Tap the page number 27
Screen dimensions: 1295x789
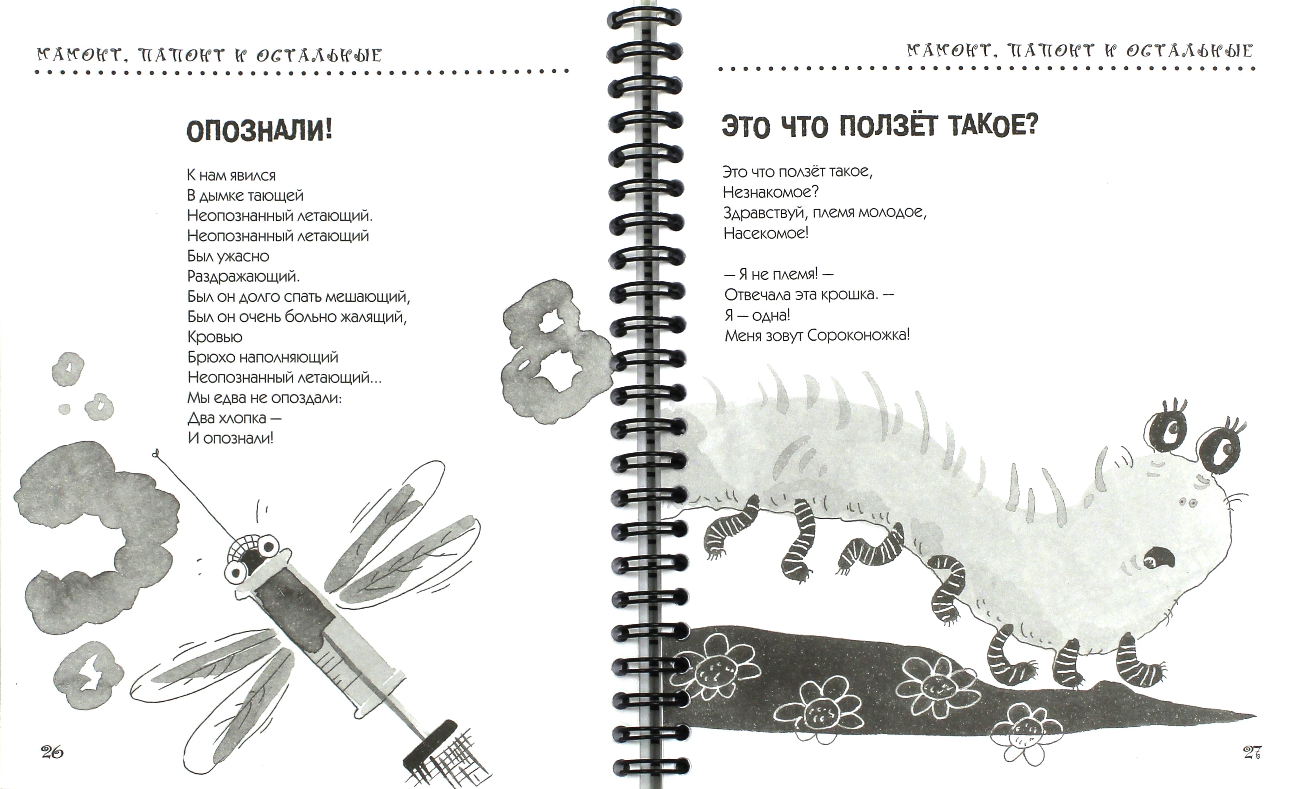(x=1252, y=752)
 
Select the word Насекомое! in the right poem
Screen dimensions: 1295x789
(x=766, y=233)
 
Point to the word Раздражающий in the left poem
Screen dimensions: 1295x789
(x=243, y=276)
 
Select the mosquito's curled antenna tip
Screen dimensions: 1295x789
(x=155, y=453)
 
